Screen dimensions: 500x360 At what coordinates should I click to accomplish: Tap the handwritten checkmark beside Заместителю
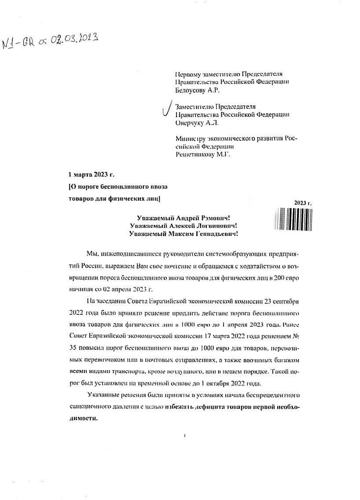(166, 108)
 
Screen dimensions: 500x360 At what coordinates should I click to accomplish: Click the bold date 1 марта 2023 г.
(91, 175)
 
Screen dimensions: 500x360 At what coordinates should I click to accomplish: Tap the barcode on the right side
(294, 219)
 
